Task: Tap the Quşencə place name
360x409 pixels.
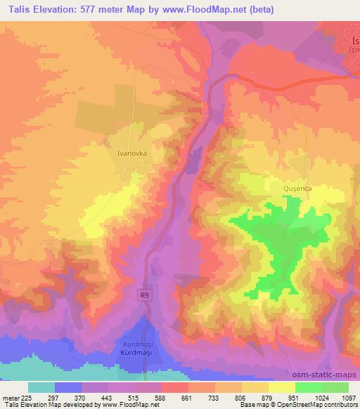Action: [297, 189]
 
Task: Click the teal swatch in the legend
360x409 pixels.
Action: [41, 387]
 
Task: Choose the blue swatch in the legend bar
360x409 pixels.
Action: [68, 387]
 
